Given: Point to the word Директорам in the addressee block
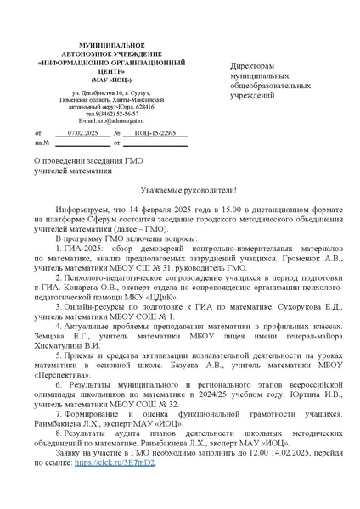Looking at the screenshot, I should coord(255,66).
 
